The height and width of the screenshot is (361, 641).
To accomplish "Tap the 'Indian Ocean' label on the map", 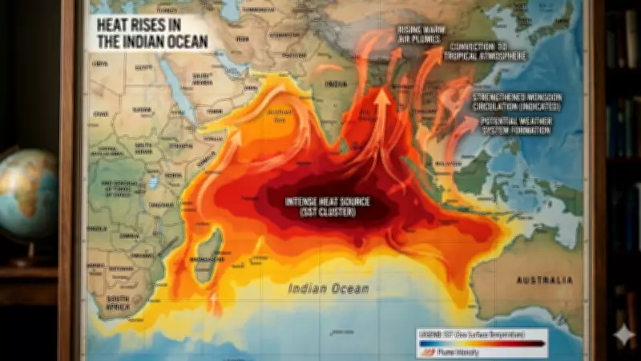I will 329,289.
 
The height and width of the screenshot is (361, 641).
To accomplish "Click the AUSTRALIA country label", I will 546,280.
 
